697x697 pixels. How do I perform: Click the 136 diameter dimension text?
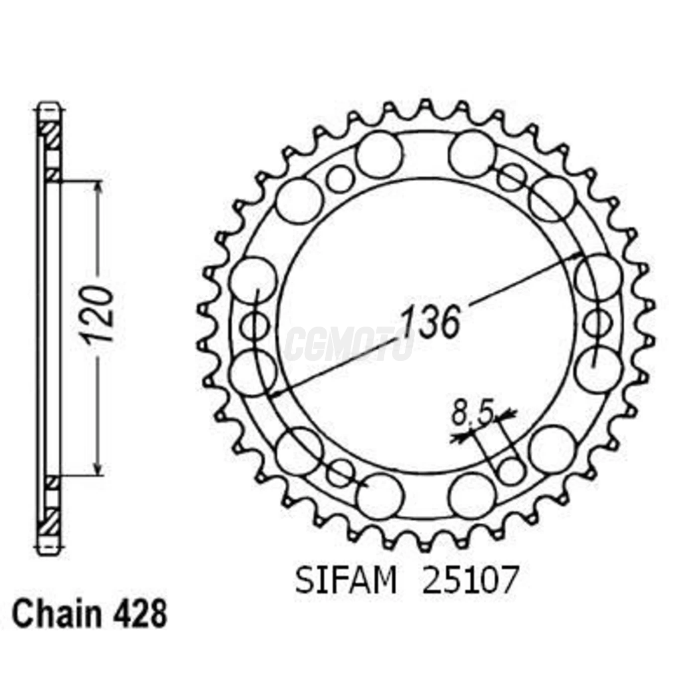click(x=430, y=322)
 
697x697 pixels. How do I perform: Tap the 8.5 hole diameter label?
click(x=472, y=414)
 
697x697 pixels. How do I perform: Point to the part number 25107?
click(x=470, y=581)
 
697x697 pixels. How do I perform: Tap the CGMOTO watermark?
click(x=348, y=344)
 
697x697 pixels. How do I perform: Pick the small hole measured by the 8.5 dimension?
click(x=511, y=470)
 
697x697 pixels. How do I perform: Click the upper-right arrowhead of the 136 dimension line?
click(x=577, y=256)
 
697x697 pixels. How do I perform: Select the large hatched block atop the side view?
click(x=50, y=134)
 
